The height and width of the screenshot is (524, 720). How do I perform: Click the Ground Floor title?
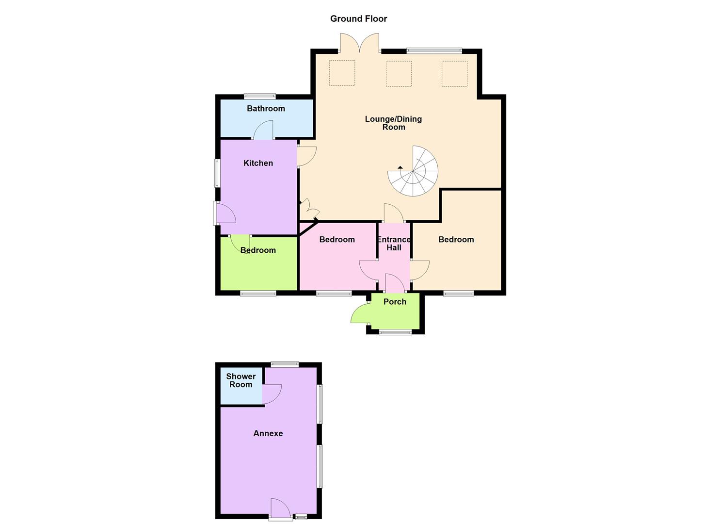tap(358, 19)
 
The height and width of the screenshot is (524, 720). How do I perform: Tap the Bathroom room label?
tap(266, 109)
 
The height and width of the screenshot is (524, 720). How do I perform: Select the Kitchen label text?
tap(258, 163)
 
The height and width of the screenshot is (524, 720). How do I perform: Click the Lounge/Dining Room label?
tap(393, 123)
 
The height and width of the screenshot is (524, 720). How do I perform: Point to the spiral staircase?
tap(414, 171)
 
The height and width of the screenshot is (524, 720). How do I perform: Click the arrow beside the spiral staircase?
tap(400, 167)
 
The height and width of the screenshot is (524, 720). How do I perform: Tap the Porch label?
tap(395, 302)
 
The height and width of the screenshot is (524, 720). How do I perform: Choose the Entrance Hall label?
tap(394, 243)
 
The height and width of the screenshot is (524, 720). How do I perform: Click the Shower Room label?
tap(240, 380)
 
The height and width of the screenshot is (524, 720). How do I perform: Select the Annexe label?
tap(268, 434)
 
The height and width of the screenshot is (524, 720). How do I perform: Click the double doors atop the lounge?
tap(359, 43)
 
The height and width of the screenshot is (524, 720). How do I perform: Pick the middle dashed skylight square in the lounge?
tap(399, 73)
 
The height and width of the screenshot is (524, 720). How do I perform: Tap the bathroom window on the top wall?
tap(259, 96)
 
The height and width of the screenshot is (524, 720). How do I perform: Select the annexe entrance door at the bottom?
tap(280, 509)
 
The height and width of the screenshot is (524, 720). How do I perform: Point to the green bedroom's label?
tap(258, 250)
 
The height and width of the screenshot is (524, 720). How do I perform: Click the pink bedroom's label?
tap(337, 240)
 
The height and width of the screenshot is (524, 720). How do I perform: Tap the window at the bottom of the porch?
tap(395, 332)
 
